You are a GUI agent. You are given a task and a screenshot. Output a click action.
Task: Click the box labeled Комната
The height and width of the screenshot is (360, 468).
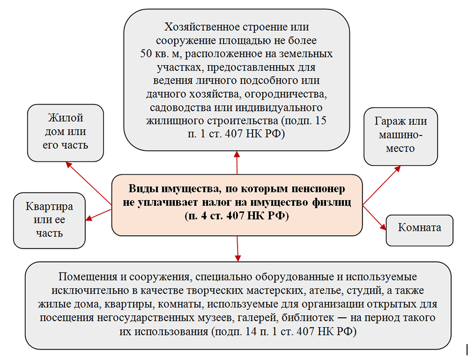[420, 228]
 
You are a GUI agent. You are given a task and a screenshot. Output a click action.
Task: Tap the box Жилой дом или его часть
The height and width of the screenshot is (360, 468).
[65, 132]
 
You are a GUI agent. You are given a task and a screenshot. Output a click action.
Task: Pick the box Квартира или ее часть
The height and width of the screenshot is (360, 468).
[49, 220]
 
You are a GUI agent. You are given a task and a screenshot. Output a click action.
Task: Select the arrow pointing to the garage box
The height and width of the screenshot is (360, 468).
[382, 185]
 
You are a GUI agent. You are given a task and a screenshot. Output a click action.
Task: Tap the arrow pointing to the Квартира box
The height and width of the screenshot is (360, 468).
[99, 213]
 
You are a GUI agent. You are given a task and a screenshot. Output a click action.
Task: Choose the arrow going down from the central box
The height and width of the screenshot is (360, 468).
[238, 247]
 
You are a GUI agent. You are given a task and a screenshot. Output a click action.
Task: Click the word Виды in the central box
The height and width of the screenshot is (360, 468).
[140, 188]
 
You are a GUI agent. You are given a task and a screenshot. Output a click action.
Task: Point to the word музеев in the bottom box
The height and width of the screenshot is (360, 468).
[246, 317]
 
